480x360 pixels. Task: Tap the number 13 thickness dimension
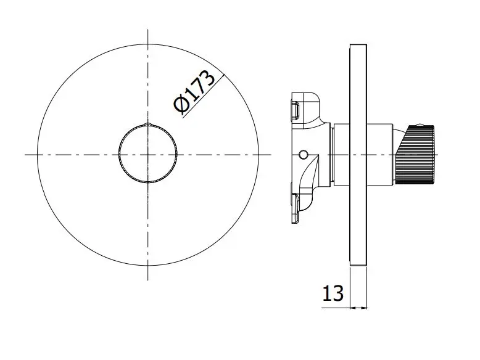point(333,293)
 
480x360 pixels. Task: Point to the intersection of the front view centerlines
point(148,155)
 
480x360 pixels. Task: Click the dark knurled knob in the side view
point(415,155)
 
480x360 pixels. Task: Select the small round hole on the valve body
point(303,155)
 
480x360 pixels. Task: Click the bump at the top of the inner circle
point(148,124)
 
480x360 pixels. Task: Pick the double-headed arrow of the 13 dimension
point(358,308)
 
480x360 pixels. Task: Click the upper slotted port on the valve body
point(295,111)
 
